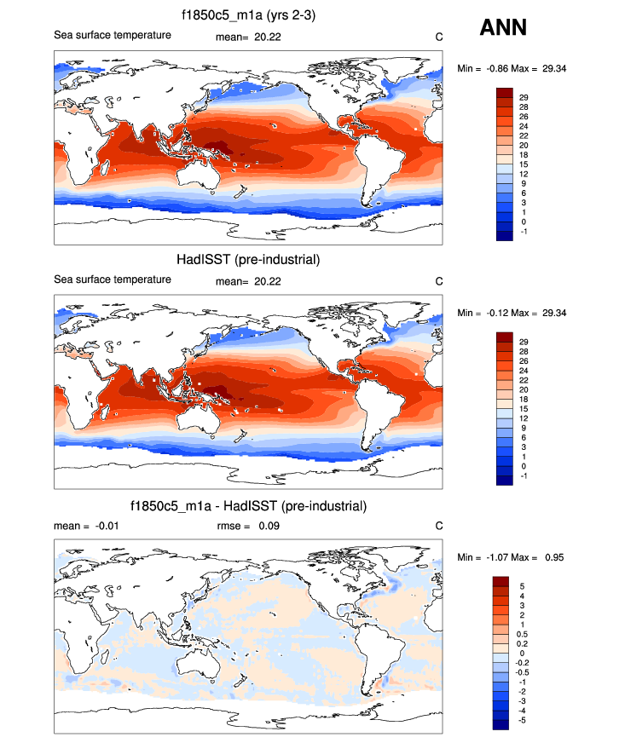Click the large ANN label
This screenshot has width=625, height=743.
click(503, 28)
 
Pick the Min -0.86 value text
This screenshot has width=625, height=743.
click(489, 67)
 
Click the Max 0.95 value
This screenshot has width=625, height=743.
click(545, 557)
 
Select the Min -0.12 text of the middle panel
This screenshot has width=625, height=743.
click(489, 312)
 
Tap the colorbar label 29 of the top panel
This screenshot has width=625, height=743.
click(524, 98)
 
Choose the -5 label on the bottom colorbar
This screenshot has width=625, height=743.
click(522, 719)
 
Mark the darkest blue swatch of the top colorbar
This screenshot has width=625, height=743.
click(505, 236)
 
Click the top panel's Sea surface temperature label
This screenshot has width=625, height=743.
click(113, 35)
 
